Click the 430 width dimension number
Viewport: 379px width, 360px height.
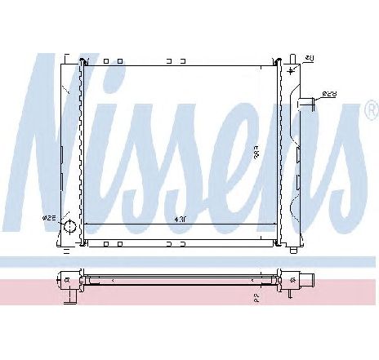click(181, 218)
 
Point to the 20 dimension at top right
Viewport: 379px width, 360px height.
click(310, 58)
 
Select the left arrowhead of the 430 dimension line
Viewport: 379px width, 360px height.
click(87, 224)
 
